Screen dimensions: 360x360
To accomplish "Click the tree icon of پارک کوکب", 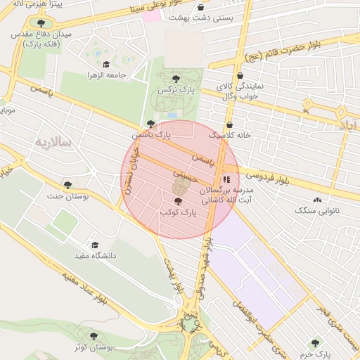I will pos(176,201).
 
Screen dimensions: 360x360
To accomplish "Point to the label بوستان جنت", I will pos(86,198).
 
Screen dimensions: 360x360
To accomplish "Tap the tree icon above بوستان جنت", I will pos(67,185).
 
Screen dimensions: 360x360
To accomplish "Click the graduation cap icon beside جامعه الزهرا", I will pos(106,65).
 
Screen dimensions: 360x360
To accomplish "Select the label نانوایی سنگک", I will pos(316,210).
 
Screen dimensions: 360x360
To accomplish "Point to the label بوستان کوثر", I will pos(96,348).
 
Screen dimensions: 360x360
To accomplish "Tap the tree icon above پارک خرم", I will pos(315,333).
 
